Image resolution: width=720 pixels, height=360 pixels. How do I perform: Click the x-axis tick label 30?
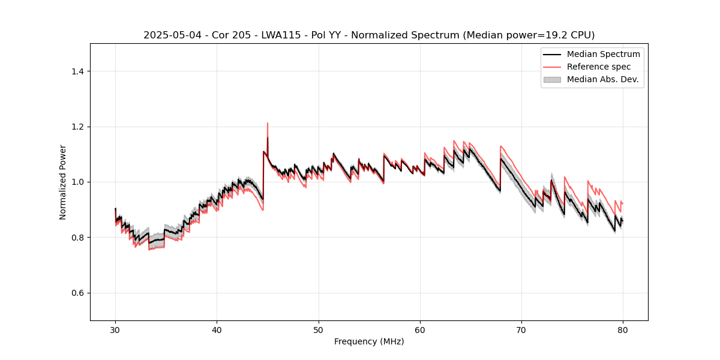coord(115,329)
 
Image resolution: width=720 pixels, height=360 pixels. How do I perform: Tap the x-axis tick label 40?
coord(217,329)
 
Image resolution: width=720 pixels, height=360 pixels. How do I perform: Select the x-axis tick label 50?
coord(319,329)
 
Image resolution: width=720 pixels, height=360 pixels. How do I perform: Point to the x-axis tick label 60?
coord(420,329)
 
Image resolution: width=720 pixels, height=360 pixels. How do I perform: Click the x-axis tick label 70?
coord(521,329)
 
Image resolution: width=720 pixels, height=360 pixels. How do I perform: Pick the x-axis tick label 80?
coord(623,329)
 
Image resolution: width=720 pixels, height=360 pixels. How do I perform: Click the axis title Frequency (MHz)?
coord(369,341)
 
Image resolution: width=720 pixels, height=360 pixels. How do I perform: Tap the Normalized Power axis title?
coord(63,182)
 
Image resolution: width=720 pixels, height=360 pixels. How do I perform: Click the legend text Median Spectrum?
coord(603,54)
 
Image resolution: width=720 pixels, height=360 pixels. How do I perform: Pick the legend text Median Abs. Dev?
coord(602,79)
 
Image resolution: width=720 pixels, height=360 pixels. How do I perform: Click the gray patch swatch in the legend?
coord(551,79)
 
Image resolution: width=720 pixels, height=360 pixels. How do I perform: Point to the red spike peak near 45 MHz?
coord(268,123)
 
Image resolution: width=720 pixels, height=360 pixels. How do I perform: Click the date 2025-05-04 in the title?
coord(169,35)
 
